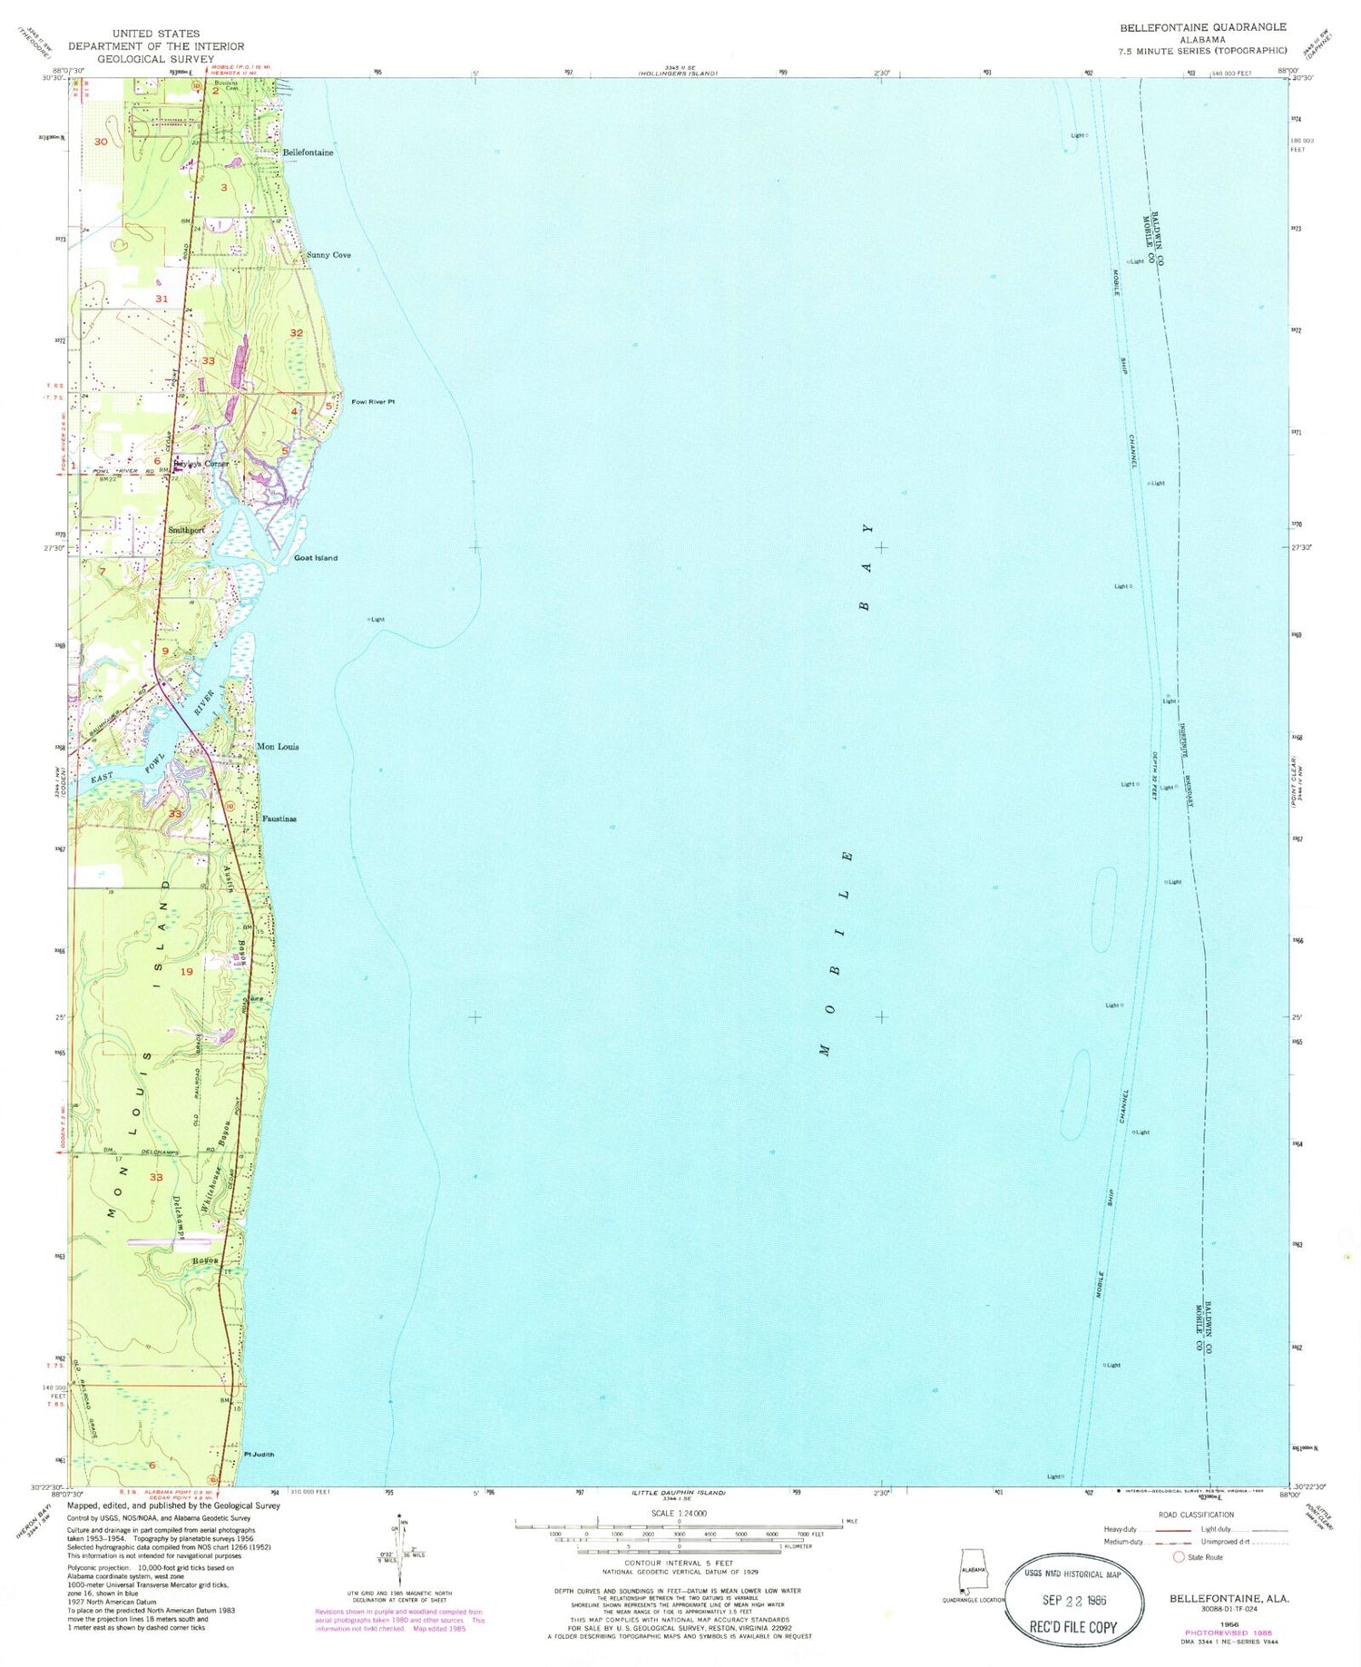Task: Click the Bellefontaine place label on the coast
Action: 308,152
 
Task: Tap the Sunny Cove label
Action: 328,255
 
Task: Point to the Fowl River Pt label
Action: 373,401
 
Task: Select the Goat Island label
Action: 315,558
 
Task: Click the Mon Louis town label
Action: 278,747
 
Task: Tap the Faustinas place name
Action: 279,819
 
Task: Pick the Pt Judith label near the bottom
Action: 259,1454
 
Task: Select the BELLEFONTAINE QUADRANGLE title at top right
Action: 1202,27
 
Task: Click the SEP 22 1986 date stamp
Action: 1072,1599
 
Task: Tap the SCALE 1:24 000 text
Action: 680,1513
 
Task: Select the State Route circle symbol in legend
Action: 1179,1556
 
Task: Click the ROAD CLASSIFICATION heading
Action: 1196,1514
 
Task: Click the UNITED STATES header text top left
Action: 156,34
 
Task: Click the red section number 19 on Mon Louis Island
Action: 187,972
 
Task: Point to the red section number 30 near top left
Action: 101,142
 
